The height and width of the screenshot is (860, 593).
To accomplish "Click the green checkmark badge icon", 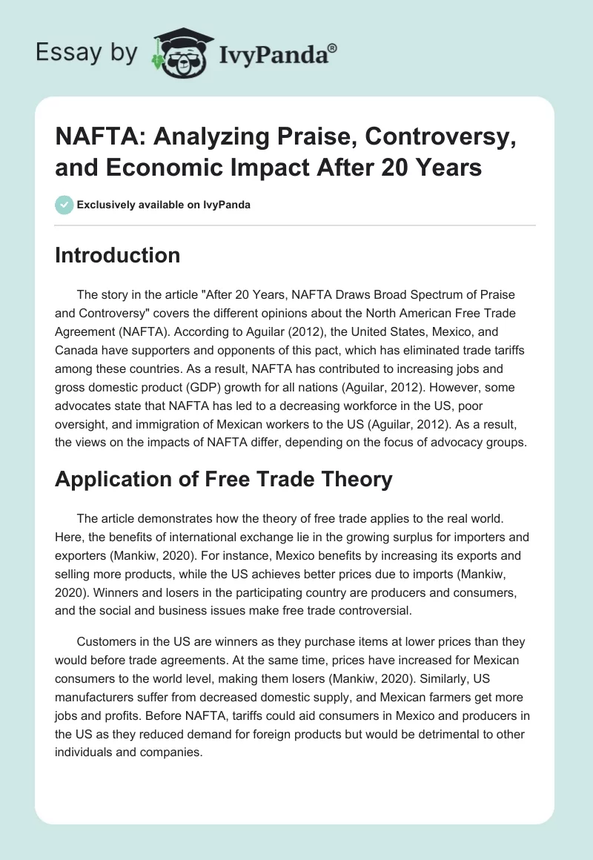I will tap(64, 205).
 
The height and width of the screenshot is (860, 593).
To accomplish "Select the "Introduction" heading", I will tap(118, 255).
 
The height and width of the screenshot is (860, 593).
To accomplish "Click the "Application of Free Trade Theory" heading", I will tap(223, 480).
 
